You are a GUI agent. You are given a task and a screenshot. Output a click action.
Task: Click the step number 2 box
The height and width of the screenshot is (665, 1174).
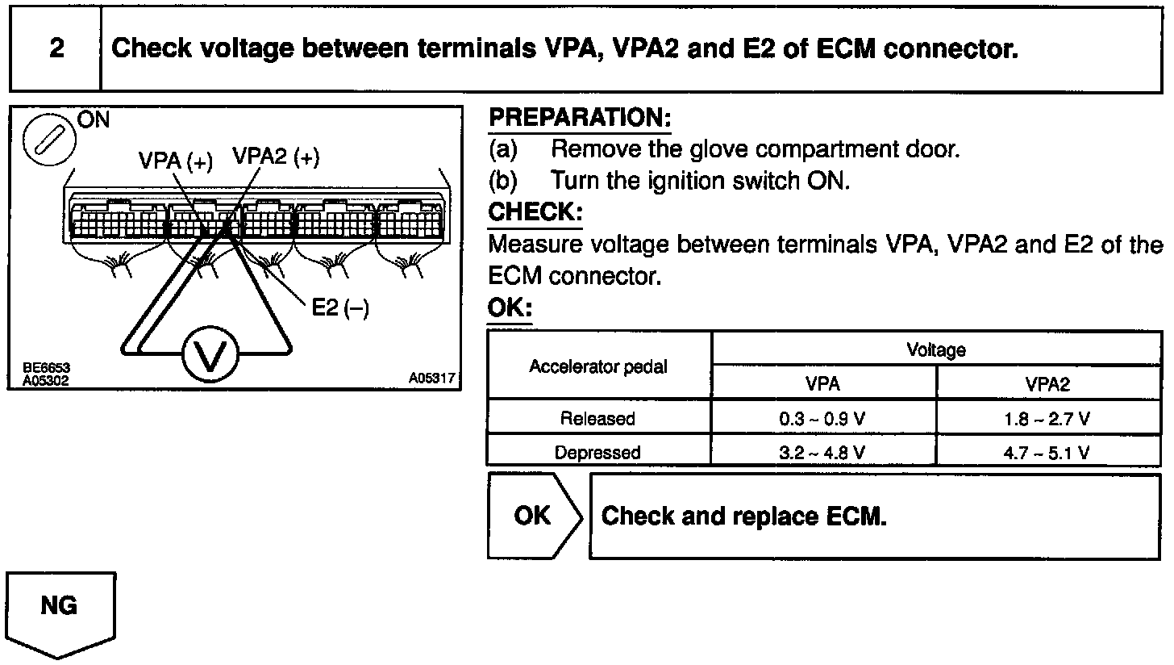click(56, 49)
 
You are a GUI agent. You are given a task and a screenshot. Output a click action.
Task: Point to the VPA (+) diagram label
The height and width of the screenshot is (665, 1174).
click(175, 161)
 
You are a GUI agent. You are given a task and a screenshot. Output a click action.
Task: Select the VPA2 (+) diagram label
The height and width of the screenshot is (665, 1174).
click(276, 157)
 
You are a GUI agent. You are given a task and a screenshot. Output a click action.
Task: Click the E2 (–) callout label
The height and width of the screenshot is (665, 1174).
click(339, 307)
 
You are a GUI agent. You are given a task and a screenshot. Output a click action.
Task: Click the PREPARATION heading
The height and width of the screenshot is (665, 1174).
click(580, 118)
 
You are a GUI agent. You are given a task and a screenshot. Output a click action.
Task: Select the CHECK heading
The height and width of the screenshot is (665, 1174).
click(535, 212)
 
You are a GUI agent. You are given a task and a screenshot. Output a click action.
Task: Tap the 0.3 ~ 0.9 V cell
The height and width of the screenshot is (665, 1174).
click(822, 419)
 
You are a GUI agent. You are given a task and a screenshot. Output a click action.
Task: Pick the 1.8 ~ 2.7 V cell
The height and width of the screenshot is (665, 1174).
click(1047, 419)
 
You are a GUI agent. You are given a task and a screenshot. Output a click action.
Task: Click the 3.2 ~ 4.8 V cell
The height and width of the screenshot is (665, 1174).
click(822, 453)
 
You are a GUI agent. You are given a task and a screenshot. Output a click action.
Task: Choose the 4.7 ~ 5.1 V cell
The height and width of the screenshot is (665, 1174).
click(1047, 453)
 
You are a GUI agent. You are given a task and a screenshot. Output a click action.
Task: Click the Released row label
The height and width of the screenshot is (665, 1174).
click(598, 419)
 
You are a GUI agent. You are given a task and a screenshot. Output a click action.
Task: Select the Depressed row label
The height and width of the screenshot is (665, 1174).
click(598, 453)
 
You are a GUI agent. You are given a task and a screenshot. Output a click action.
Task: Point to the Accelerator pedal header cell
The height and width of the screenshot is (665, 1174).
click(598, 367)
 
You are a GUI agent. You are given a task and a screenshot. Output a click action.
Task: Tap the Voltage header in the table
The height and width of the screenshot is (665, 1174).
click(935, 349)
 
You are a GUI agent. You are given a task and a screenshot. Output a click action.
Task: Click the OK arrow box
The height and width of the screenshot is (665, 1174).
click(533, 516)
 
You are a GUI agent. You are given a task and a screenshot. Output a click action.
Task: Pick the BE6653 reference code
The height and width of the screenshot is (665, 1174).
click(46, 368)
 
